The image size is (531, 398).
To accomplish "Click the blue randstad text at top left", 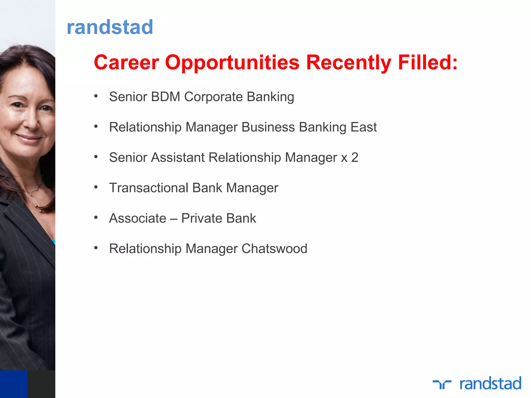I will coord(110,27).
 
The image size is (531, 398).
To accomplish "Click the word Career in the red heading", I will coord(126,62).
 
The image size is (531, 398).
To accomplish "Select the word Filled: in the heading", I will coord(428,62).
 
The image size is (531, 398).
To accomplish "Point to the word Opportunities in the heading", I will coord(232,63).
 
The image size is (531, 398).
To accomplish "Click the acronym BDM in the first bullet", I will coord(165,97).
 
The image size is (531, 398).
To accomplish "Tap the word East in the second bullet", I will coord(364,127).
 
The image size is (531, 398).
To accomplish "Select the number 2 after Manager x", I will coord(355,158).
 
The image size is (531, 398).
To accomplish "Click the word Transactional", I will coord(149,188).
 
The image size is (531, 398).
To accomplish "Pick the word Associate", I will coord(138,218).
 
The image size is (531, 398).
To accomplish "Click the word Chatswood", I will coord(274,249).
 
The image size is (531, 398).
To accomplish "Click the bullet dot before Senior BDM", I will coord(96,96).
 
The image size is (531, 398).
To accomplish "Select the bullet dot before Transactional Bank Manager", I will coord(96,187).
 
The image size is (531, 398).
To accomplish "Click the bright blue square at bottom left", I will coord(13,384).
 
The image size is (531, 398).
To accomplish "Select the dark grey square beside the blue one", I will coord(41,384).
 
